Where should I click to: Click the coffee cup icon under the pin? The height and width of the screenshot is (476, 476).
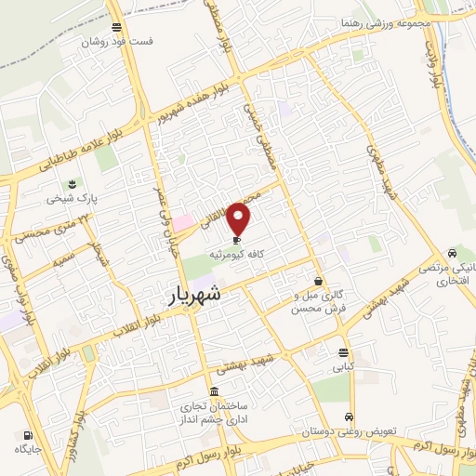pyautogui.click(x=239, y=239)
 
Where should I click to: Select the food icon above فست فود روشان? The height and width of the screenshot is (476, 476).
pyautogui.click(x=115, y=28)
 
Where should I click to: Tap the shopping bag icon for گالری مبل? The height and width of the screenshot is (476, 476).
pyautogui.click(x=319, y=281)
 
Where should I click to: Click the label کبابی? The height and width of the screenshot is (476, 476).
pyautogui.click(x=344, y=366)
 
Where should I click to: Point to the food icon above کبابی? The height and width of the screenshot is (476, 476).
pyautogui.click(x=344, y=352)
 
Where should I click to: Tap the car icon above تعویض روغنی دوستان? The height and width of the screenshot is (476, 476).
pyautogui.click(x=349, y=416)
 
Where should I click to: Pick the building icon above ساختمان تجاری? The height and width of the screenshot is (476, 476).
pyautogui.click(x=215, y=390)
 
